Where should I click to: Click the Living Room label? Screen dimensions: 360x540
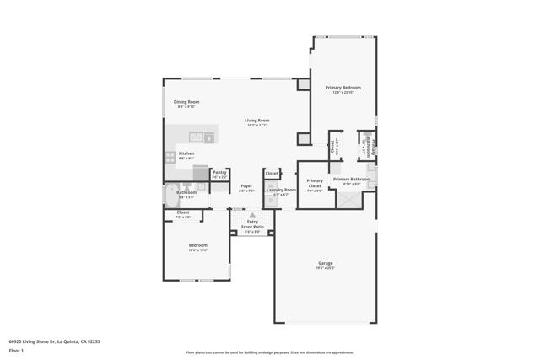pyautogui.click(x=256, y=121)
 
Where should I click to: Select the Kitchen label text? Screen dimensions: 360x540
pyautogui.click(x=186, y=153)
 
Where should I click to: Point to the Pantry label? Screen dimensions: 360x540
pyautogui.click(x=219, y=172)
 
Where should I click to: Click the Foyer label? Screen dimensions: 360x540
pyautogui.click(x=246, y=185)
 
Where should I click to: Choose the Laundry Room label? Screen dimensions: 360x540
pyautogui.click(x=281, y=190)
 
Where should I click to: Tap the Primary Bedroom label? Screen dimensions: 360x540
pyautogui.click(x=343, y=88)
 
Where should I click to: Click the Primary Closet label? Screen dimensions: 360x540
pyautogui.click(x=315, y=180)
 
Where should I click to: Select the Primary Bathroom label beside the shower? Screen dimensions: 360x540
pyautogui.click(x=351, y=179)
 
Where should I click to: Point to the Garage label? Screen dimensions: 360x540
pyautogui.click(x=326, y=263)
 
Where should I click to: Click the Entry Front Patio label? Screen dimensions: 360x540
pyautogui.click(x=252, y=224)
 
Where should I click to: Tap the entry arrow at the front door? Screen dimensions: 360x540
pyautogui.click(x=251, y=215)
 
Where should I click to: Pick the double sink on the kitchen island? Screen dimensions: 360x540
pyautogui.click(x=196, y=137)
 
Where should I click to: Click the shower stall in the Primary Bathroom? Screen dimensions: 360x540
pyautogui.click(x=348, y=199)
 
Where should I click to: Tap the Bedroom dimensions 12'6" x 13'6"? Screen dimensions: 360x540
pyautogui.click(x=197, y=250)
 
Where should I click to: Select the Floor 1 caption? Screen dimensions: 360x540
pyautogui.click(x=16, y=349)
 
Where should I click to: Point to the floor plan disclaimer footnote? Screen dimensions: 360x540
pyautogui.click(x=269, y=352)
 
